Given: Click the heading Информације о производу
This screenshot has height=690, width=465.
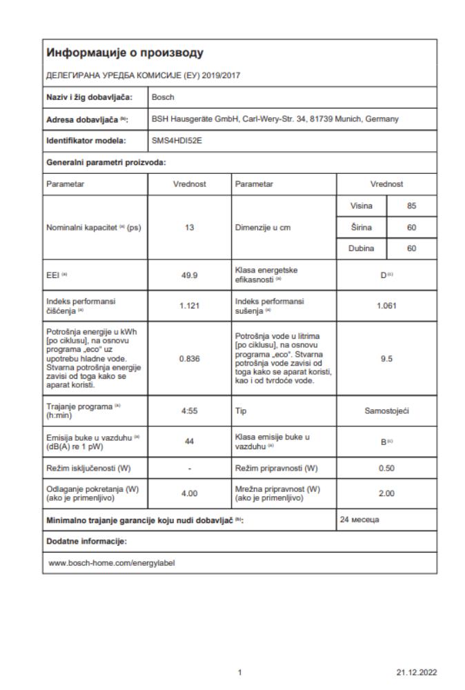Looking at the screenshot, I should tap(124, 52).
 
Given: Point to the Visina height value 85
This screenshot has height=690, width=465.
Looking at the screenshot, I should tap(412, 206).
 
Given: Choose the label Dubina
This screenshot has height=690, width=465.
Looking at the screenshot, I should tap(362, 248).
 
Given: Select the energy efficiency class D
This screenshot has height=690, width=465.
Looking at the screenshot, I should tap(386, 275).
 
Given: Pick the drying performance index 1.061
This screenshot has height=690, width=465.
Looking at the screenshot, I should tap(386, 306).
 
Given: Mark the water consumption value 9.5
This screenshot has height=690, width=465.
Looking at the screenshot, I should tap(386, 359).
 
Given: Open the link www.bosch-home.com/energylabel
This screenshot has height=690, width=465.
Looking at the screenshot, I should tap(112, 562).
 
